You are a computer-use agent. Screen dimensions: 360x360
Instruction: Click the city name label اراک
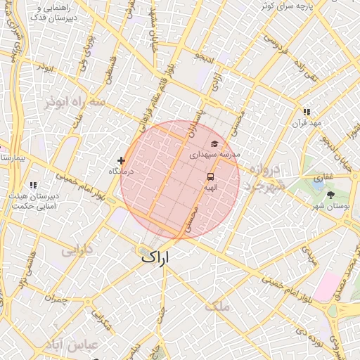[155, 258]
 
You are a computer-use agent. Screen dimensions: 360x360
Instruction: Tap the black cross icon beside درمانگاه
[122, 161]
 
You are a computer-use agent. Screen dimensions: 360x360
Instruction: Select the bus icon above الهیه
[210, 176]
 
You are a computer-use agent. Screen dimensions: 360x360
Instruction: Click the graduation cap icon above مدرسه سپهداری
[214, 143]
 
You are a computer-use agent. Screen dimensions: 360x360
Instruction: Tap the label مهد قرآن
[307, 123]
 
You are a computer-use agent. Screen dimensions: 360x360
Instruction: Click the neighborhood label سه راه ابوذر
[73, 102]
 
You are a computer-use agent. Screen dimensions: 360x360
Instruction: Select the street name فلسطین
[110, 72]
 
